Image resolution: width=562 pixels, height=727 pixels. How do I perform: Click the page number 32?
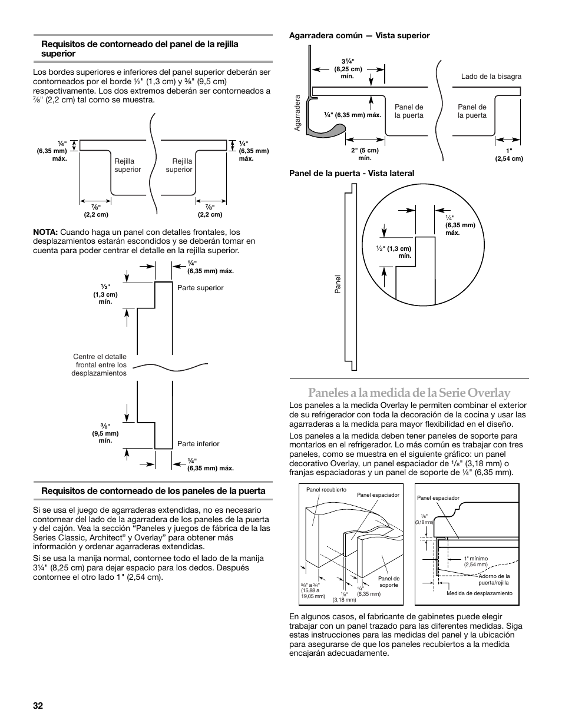(x=38, y=706)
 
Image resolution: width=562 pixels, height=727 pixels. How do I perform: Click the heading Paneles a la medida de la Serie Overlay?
(x=408, y=393)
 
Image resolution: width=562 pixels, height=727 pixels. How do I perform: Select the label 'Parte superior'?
(x=200, y=288)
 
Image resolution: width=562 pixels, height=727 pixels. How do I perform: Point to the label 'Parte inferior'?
(x=198, y=444)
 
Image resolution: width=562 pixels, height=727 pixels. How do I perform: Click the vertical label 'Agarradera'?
(x=298, y=113)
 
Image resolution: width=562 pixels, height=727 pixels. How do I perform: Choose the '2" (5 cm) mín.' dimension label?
(x=365, y=154)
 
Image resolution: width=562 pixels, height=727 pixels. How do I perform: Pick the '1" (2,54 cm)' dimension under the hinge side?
(x=508, y=154)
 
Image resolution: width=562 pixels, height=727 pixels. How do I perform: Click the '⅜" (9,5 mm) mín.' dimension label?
(x=105, y=433)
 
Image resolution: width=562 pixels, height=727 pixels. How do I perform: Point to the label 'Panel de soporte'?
(x=389, y=582)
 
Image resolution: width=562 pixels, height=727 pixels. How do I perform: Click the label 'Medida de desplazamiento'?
(x=479, y=593)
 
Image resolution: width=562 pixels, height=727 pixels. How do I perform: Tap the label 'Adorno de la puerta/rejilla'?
(x=494, y=579)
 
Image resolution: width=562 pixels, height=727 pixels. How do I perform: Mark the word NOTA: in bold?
(x=45, y=232)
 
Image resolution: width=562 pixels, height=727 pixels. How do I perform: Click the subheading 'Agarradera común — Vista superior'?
(x=359, y=36)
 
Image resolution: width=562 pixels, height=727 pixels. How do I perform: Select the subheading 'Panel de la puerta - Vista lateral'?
(x=351, y=173)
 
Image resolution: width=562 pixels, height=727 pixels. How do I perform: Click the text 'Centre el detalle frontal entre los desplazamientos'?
(x=100, y=365)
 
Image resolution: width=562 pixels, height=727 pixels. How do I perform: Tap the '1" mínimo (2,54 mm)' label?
(x=477, y=562)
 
